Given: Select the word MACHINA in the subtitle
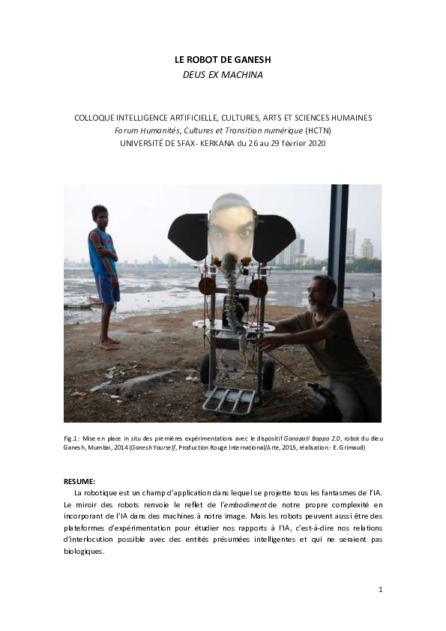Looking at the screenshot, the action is [x=242, y=74].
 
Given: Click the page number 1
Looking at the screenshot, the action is [x=380, y=589].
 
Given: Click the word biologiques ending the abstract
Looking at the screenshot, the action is [x=86, y=551].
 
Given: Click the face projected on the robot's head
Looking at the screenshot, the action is [x=231, y=227].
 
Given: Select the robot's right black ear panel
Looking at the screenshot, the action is [x=274, y=237].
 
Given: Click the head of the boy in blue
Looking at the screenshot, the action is [x=100, y=214].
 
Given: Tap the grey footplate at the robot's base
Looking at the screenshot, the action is [x=229, y=400].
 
